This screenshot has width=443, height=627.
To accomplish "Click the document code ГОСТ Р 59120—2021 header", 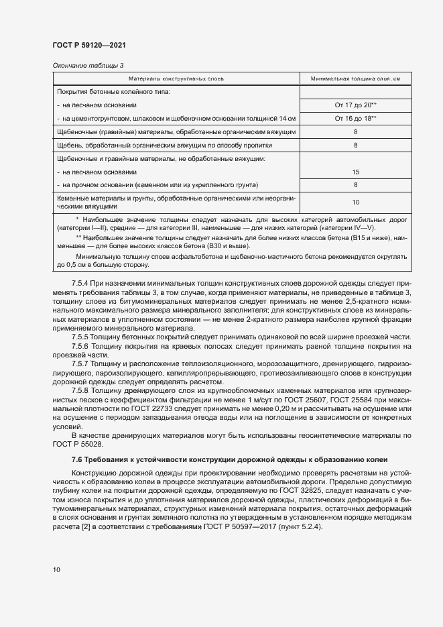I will click(89, 45).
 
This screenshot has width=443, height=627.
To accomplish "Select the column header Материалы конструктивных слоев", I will click(176, 79).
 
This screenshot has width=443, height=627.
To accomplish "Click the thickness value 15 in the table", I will click(355, 172).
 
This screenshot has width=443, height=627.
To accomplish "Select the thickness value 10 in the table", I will click(355, 202).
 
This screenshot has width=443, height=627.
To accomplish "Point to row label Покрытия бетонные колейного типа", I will click(114, 91).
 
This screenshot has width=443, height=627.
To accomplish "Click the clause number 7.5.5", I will click(80, 336).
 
